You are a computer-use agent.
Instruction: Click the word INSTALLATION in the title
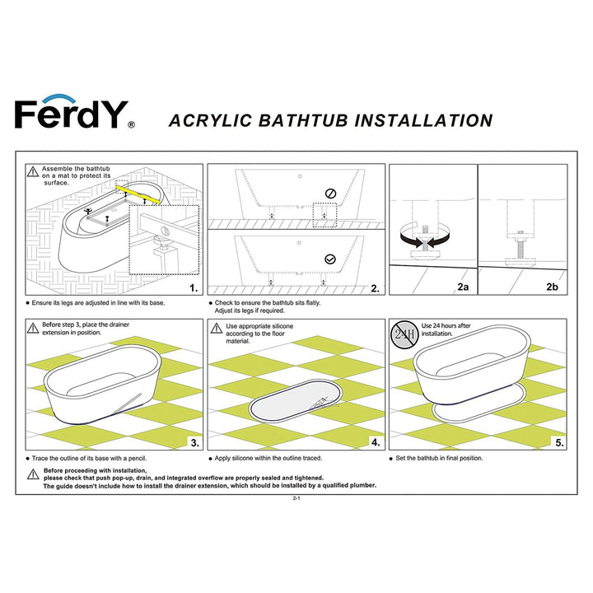click(423, 120)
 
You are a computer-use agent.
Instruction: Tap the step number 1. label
click(194, 288)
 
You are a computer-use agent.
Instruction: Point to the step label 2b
click(552, 287)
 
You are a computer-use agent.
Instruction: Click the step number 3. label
click(194, 442)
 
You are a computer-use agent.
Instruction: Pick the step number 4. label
click(375, 442)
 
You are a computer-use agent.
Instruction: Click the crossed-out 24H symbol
click(403, 335)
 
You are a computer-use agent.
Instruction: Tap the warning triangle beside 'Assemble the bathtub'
click(32, 172)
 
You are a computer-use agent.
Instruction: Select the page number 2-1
click(296, 499)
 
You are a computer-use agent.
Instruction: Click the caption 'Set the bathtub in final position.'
click(440, 458)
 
